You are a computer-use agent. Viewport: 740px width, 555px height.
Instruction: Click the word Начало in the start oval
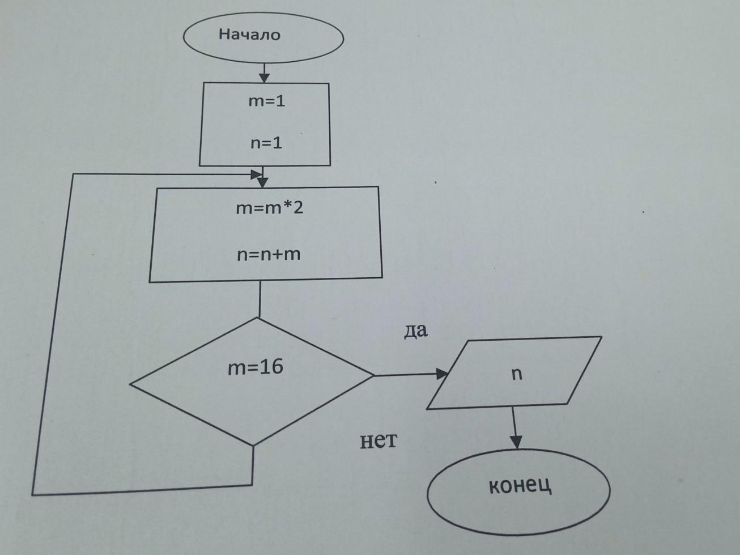tap(249, 35)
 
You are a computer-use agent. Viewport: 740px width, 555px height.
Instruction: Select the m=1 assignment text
tap(267, 101)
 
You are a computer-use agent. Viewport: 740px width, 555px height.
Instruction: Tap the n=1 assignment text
tap(266, 143)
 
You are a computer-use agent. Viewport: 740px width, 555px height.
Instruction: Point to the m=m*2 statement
tap(269, 208)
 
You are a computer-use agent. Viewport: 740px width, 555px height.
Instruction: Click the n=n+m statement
tap(269, 254)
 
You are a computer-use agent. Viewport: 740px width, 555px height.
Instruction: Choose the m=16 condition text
tap(256, 367)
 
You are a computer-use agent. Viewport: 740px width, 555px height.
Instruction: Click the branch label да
tap(416, 331)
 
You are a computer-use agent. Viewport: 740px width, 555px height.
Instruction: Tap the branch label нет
tap(378, 440)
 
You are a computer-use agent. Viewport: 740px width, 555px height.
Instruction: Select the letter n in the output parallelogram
tap(517, 374)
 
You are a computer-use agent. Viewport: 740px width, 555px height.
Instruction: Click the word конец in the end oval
tap(520, 486)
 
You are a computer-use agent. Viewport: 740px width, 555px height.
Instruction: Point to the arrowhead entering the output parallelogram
tap(441, 374)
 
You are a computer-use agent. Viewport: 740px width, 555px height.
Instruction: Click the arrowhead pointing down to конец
tap(516, 442)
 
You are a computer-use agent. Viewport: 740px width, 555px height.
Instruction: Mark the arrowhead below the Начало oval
tap(264, 78)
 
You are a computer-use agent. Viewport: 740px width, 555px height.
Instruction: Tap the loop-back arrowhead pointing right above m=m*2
tap(256, 175)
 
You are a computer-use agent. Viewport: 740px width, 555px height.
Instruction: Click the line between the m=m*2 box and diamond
tap(260, 299)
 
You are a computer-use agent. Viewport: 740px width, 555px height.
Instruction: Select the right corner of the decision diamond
tap(373, 375)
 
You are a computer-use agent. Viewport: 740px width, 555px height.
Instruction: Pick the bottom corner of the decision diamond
tap(253, 446)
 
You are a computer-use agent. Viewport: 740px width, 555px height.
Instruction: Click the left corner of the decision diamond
tap(130, 384)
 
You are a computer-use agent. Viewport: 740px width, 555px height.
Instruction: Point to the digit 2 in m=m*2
tap(299, 207)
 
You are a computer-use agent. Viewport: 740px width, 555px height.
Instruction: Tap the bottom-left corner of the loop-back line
tap(32, 495)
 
